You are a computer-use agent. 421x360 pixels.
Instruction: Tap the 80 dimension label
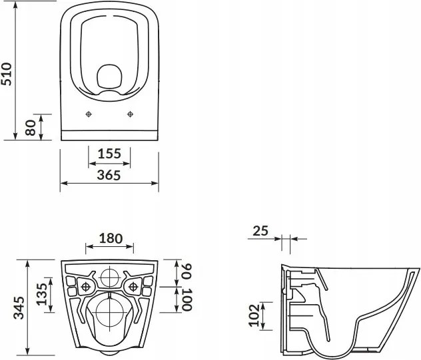click(x=29, y=127)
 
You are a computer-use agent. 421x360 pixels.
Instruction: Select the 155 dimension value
click(x=109, y=154)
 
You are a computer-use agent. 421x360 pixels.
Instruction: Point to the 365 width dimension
click(x=109, y=175)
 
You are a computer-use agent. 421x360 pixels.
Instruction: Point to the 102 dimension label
click(x=252, y=315)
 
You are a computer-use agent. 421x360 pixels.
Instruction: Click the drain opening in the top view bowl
click(x=109, y=78)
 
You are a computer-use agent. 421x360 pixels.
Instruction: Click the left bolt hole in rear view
click(x=85, y=287)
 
